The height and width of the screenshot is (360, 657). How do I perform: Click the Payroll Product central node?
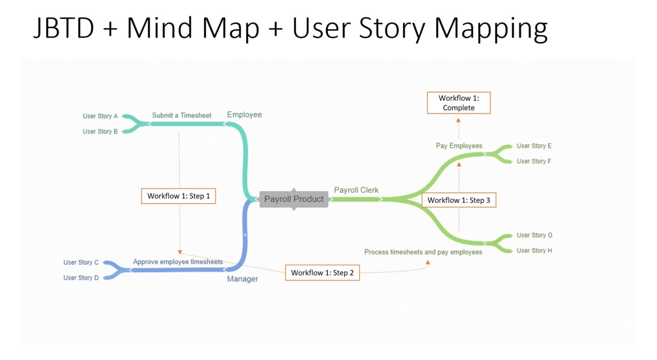coord(293,199)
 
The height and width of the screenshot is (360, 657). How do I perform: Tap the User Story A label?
coord(100,116)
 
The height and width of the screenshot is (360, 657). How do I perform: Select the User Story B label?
coord(100,131)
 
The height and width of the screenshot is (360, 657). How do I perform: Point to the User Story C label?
coord(81,262)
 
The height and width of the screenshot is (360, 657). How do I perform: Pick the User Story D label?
coord(81,278)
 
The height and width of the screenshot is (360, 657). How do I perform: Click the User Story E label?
coord(534,146)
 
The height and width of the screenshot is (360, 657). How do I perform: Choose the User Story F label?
coord(534,161)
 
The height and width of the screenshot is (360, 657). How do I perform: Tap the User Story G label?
coord(534,235)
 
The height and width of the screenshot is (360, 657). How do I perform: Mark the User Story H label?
coord(534,251)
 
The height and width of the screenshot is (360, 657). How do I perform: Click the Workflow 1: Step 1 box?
coord(179,196)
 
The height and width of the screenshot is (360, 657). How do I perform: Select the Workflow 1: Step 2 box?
coord(322,272)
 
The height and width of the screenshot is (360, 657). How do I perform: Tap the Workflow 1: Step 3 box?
coord(459,200)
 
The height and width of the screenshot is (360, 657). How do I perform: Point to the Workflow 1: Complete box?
coord(459,103)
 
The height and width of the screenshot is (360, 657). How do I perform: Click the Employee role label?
coord(244,115)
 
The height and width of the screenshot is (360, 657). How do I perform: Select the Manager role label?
coord(243,279)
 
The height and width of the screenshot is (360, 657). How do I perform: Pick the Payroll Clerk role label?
coord(356,190)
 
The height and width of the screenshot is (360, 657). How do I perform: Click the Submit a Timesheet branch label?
coord(181,115)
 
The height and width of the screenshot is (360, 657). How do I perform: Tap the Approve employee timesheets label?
coord(178,262)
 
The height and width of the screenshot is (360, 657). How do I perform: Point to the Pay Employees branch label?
coord(459,146)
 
